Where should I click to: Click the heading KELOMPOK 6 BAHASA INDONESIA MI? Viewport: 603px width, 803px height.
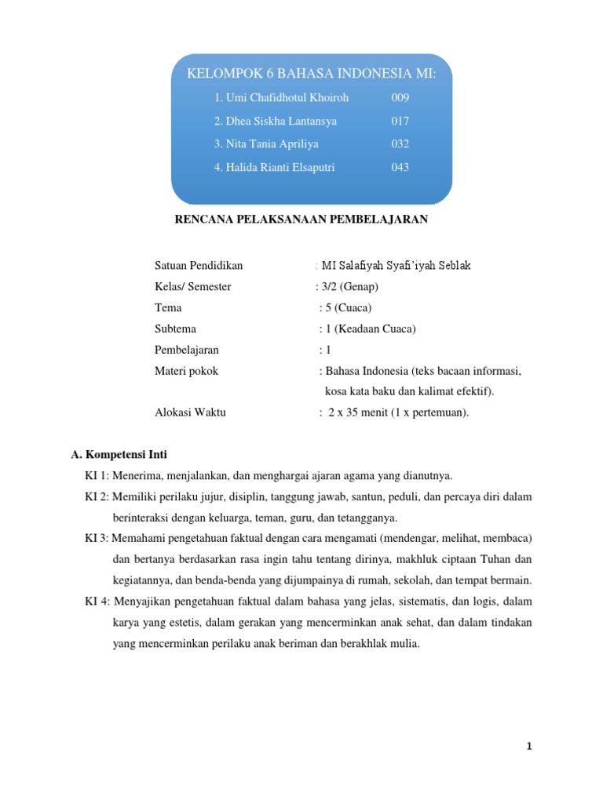(311, 74)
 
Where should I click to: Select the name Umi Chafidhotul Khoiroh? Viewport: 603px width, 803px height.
(280, 98)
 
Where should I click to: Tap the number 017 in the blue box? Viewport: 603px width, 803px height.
(400, 122)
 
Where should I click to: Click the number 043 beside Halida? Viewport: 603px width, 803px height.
(400, 167)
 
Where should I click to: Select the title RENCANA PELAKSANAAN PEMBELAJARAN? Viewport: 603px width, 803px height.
(301, 220)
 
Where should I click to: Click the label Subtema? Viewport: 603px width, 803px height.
(175, 329)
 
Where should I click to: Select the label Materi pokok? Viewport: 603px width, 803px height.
(186, 372)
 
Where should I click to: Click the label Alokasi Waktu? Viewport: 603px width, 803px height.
(190, 412)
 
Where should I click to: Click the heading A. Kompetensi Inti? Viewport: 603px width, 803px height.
(119, 455)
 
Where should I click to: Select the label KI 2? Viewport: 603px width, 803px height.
(97, 496)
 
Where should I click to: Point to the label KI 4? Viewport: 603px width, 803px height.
(98, 601)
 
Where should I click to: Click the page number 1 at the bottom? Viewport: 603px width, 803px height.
(530, 746)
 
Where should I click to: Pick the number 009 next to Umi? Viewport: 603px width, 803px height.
(400, 98)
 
